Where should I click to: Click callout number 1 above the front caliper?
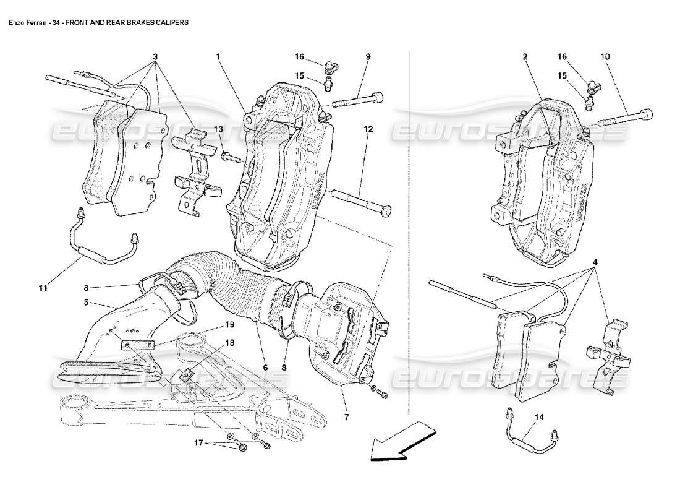pos(218,56)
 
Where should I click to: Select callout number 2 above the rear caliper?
pos(525,56)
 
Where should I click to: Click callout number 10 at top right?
pos(604,56)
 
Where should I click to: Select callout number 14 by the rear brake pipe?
pos(540,417)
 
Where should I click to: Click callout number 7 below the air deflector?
pos(346,418)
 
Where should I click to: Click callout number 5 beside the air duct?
pos(87,303)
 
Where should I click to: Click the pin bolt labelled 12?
pos(362,201)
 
